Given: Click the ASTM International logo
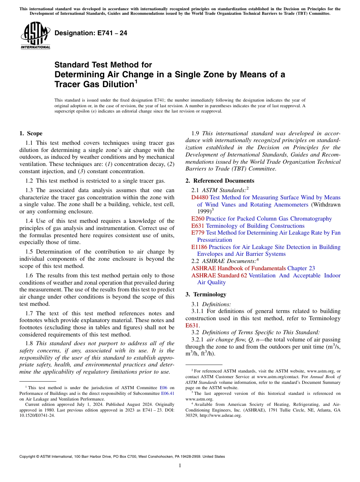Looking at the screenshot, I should (35, 36).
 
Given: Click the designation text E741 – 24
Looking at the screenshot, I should (91, 33).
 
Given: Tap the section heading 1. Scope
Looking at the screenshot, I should (31, 133).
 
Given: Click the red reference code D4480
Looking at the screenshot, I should (200, 197).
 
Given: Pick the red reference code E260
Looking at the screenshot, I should (198, 219).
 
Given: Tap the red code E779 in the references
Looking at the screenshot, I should (198, 233).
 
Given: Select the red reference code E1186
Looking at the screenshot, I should (199, 247).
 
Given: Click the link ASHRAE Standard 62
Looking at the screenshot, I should (219, 275).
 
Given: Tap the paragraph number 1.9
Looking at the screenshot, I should (196, 133).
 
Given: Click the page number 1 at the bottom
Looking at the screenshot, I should (180, 466).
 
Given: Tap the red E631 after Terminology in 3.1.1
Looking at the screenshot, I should (192, 325).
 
